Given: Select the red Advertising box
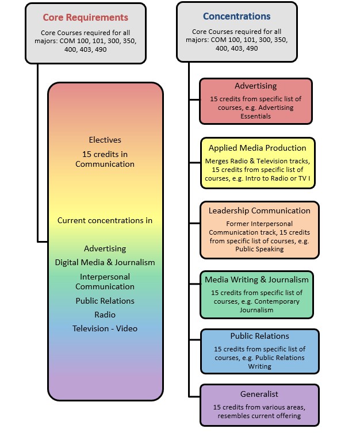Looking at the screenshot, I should [x=255, y=101].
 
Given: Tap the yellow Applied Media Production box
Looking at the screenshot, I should [x=257, y=163].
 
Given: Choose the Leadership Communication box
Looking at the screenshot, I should [x=259, y=229].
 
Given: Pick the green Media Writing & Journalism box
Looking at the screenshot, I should [x=256, y=294].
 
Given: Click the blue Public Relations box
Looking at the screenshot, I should [x=259, y=351].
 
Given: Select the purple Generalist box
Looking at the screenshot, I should [x=259, y=405].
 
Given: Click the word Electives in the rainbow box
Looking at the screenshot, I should [x=105, y=140].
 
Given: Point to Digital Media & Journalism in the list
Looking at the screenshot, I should [x=105, y=262].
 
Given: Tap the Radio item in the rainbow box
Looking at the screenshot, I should [x=105, y=315].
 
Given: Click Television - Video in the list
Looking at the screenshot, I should [x=105, y=328].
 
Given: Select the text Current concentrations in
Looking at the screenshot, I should [x=105, y=220].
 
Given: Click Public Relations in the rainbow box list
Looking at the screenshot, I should [x=105, y=301].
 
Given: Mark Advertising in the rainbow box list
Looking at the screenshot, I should [x=105, y=248].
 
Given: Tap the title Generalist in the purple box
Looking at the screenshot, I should [x=259, y=394].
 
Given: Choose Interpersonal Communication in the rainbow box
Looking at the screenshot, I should [x=105, y=281].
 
